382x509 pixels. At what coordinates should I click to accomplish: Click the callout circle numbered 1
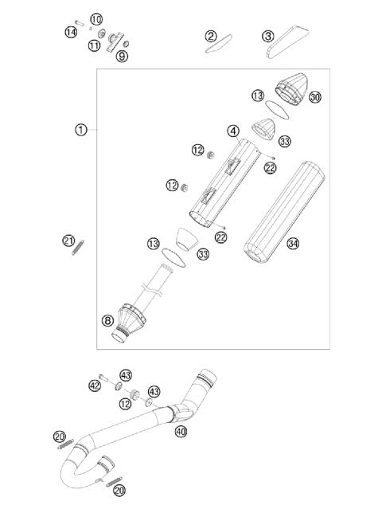click(x=80, y=130)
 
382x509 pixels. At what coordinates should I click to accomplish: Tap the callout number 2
click(x=211, y=36)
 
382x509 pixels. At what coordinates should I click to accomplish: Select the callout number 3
click(x=268, y=36)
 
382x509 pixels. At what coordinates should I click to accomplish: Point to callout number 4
click(x=233, y=131)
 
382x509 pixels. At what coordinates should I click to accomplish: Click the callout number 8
click(x=107, y=322)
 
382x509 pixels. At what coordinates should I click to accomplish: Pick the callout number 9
click(x=122, y=56)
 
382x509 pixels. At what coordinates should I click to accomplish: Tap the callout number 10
click(x=95, y=19)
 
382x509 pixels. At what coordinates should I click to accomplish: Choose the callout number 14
click(x=71, y=31)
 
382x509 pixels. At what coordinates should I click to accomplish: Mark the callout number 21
click(x=68, y=241)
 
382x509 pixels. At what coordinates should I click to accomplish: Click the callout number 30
click(x=315, y=97)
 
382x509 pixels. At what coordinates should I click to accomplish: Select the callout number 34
click(x=293, y=244)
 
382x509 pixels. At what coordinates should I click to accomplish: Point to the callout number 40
click(x=181, y=433)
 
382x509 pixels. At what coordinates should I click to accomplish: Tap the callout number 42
click(x=95, y=386)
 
